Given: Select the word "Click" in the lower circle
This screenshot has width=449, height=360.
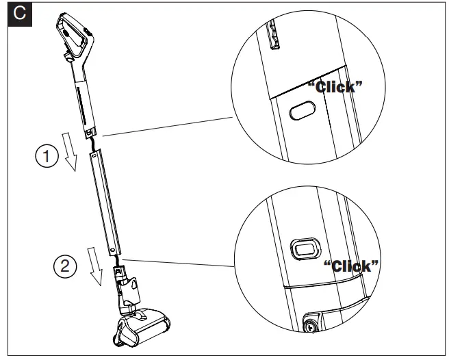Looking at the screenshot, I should [352, 266].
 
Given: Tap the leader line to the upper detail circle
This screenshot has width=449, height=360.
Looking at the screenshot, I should [164, 126].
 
